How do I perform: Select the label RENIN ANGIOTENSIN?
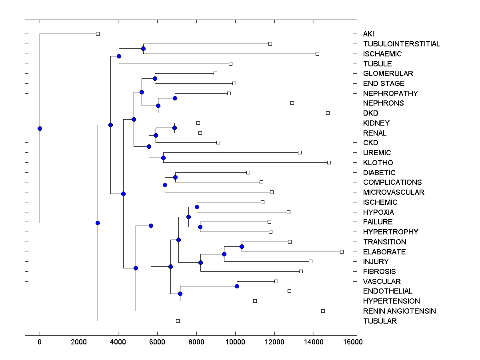399,311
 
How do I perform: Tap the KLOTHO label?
378,163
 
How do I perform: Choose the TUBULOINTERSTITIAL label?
402,44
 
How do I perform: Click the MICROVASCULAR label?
394,192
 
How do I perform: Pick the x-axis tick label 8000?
196,342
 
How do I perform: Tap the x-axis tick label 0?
40,342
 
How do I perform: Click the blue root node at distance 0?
40,128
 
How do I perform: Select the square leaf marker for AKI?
98,34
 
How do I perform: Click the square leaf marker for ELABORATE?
342,252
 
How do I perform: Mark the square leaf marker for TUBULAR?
178,321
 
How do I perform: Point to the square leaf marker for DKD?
328,113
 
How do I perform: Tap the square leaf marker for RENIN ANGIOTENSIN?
323,311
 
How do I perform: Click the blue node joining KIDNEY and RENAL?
174,128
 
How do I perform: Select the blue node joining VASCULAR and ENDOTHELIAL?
237,286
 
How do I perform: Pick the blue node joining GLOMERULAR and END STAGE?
155,78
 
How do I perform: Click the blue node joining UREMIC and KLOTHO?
163,158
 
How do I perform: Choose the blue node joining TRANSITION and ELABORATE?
242,246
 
